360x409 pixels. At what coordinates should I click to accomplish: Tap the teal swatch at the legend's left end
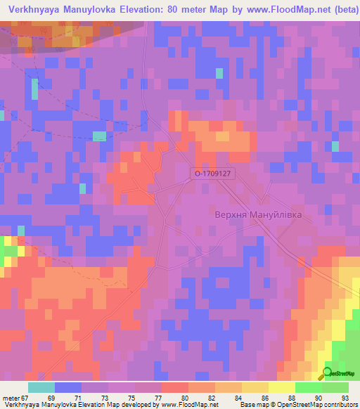(x=41, y=387)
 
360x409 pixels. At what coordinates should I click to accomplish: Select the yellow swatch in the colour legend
(x=281, y=387)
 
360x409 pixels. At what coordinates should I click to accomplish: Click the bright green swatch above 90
(x=309, y=387)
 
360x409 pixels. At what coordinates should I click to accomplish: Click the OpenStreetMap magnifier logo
(x=327, y=373)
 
